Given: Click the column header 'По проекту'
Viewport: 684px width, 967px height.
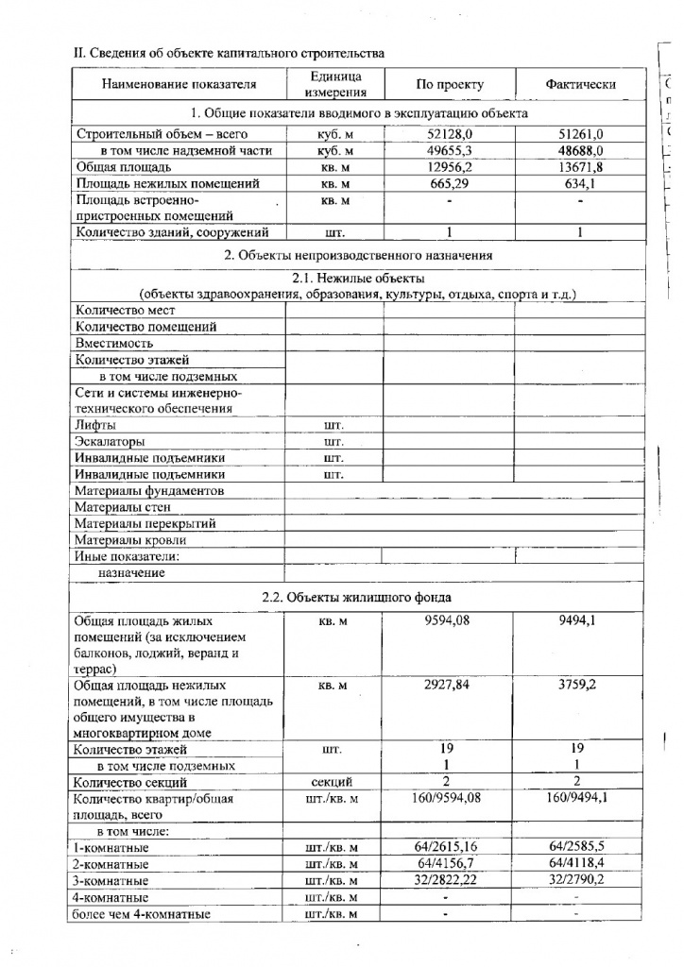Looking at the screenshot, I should tap(449, 84).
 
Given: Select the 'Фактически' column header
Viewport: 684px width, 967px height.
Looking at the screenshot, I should tap(580, 84).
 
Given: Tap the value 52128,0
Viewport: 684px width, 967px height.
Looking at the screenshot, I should tap(449, 134).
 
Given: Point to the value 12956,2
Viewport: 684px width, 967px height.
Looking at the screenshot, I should tap(449, 166).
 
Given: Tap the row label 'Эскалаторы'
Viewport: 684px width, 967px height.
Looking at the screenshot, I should tap(111, 442).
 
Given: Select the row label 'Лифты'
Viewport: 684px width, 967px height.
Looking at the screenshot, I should tap(95, 425).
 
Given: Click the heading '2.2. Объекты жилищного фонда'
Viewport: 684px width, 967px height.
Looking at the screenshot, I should tap(356, 597).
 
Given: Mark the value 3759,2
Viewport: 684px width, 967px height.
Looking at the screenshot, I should tap(580, 685).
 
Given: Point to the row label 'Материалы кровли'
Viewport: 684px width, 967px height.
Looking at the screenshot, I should tap(130, 540).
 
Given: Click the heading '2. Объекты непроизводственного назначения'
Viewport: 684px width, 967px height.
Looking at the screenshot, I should tap(358, 255).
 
